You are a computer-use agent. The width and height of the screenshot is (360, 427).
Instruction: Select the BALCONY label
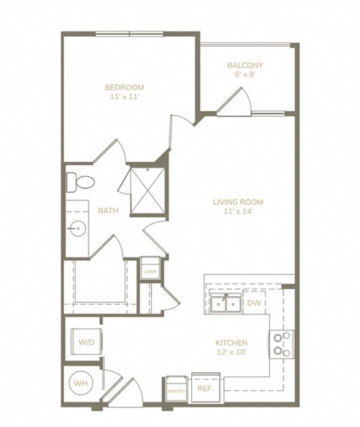point(244,65)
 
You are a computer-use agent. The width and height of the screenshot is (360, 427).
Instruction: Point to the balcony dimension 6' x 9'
point(244,75)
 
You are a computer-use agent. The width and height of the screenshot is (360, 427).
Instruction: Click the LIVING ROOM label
point(238,201)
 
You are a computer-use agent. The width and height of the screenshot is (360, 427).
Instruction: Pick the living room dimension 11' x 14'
point(238,212)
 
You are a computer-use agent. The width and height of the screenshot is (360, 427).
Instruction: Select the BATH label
point(108,211)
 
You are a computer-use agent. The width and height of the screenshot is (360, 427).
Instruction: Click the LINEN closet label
point(149,270)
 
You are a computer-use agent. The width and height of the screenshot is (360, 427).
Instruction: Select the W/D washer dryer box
point(85,342)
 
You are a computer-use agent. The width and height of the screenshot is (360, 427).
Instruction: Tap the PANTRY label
point(175,390)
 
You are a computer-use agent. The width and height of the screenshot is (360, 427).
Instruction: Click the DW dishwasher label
point(253,303)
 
